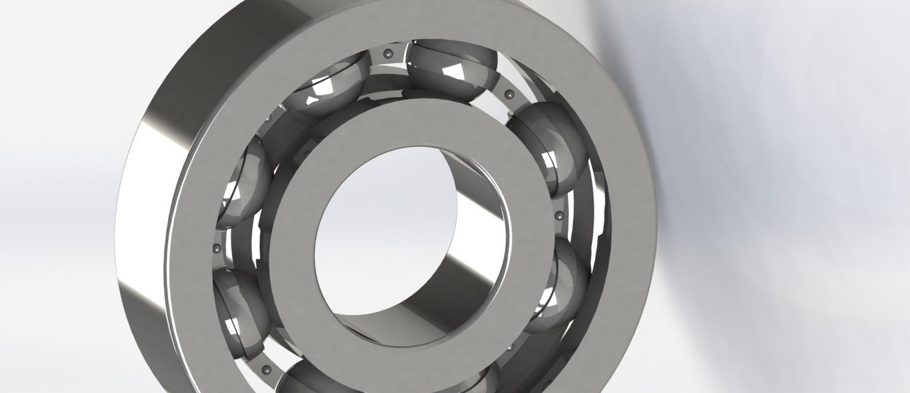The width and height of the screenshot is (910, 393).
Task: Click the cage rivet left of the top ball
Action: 389,54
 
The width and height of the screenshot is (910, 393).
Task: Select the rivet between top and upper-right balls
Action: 509,94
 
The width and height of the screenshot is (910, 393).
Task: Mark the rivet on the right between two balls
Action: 558,216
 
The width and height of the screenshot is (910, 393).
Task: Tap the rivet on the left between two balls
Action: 216,248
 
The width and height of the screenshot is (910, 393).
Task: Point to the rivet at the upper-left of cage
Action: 268,119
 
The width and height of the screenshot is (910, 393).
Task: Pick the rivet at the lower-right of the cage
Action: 510,347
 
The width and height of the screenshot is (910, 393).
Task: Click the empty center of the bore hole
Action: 382,239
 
